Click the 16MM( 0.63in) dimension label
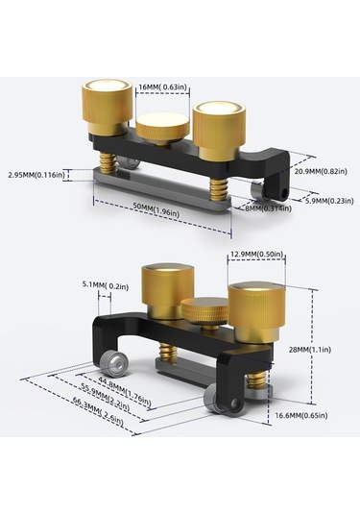[163, 87]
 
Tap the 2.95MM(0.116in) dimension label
[36, 175]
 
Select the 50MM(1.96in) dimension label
[156, 209]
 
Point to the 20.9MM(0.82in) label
[321, 171]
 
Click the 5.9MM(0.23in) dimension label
[329, 201]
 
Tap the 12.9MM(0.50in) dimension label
[256, 255]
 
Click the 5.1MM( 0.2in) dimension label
[106, 286]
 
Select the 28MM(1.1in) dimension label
[309, 350]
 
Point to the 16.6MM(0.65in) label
[301, 416]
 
